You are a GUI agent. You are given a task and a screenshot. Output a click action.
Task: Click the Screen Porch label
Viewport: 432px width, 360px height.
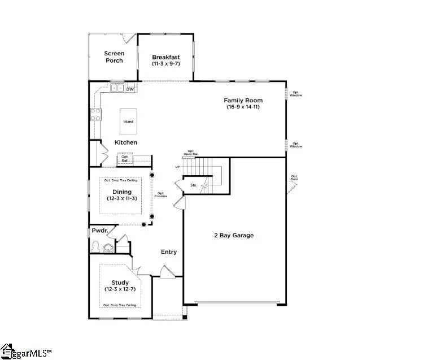[x=114, y=57]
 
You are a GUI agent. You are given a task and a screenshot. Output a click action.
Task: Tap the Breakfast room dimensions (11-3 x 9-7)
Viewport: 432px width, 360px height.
[x=166, y=64]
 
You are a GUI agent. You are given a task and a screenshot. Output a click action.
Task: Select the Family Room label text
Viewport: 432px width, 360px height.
[x=245, y=100]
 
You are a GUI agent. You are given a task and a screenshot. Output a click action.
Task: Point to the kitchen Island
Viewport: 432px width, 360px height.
[x=128, y=122]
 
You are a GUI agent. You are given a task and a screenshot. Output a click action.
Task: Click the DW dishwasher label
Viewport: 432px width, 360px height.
[x=130, y=89]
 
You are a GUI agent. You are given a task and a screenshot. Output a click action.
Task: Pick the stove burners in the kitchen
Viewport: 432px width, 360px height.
[x=94, y=115]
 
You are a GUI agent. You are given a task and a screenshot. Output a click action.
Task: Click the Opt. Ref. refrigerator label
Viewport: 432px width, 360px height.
[x=125, y=159]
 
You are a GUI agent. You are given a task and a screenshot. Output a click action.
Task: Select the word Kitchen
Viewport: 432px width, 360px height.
[x=126, y=142]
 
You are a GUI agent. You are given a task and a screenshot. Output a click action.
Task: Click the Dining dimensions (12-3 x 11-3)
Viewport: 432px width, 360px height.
[x=122, y=199]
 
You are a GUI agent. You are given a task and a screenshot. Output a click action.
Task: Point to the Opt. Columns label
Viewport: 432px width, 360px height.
[x=162, y=195]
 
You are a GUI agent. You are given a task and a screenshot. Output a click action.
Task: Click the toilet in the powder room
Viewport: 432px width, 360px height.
[x=96, y=247]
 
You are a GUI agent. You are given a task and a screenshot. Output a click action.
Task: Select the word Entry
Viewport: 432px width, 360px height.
[x=168, y=252]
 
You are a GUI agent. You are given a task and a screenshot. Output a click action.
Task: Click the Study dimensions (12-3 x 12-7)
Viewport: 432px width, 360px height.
[x=120, y=289]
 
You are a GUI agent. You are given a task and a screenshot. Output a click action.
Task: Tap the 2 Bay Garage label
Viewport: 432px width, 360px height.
[x=234, y=235]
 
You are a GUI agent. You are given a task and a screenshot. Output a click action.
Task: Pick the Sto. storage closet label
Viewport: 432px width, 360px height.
[x=193, y=185]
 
